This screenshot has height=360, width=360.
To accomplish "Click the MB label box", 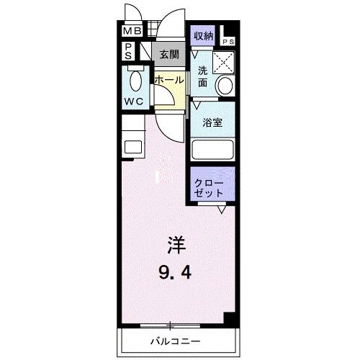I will pyautogui.click(x=131, y=32).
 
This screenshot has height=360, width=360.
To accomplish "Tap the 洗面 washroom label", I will pyautogui.click(x=203, y=77).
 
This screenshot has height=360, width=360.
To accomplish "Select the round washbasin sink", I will pyautogui.click(x=225, y=86).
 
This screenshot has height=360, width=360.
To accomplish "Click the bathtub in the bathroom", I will pyautogui.click(x=213, y=149).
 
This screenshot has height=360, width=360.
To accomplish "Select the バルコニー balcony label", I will pyautogui.click(x=176, y=340).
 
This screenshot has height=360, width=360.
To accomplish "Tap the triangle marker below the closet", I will pyautogui.click(x=222, y=210).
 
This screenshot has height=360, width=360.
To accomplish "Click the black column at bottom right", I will pyautogui.click(x=229, y=319).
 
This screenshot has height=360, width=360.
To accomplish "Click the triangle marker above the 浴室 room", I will pyautogui.click(x=194, y=104).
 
